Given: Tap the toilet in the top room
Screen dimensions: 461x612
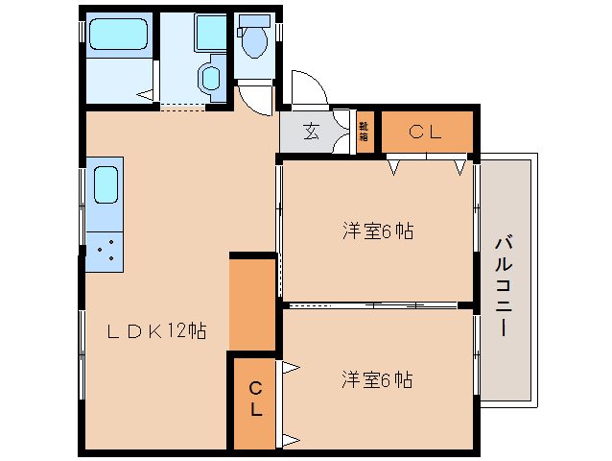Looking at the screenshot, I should tap(254, 38).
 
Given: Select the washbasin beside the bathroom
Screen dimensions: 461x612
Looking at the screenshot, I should tap(210, 76).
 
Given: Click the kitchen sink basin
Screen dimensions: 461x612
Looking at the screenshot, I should tap(105, 184).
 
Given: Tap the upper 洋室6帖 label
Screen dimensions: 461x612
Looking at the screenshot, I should tap(378, 231).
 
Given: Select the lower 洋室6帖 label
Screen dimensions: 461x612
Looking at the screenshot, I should tap(378, 380).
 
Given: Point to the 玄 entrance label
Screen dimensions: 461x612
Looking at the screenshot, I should tap(312, 133).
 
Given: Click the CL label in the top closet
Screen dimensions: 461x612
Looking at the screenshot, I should tap(424, 133).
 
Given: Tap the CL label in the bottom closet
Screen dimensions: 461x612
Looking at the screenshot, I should tap(255, 399).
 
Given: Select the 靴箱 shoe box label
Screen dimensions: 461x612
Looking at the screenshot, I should tap(364, 132).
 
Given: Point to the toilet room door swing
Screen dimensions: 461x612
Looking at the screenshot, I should tap(257, 97).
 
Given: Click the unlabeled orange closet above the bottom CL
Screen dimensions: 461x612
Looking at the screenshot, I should tap(253, 303).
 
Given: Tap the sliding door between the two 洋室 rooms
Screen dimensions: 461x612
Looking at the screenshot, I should tap(374, 304).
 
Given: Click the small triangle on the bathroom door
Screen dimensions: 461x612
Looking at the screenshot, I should tap(145, 94).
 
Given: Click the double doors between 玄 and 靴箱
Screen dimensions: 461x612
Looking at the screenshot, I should tap(341, 132).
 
